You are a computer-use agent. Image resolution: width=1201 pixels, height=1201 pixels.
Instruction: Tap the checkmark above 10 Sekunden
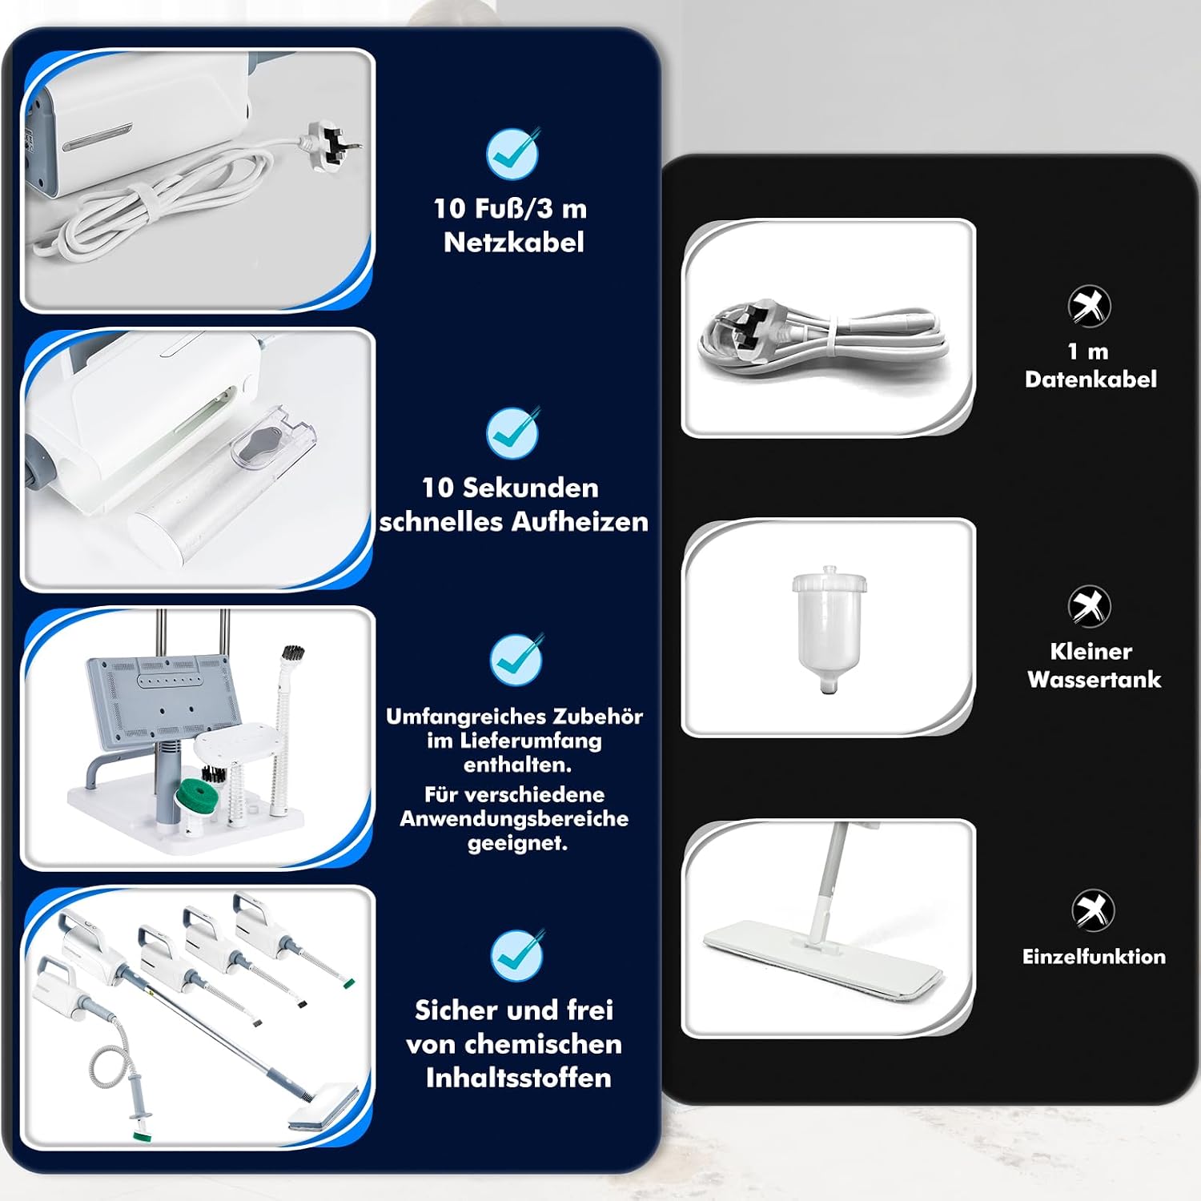coord(513,432)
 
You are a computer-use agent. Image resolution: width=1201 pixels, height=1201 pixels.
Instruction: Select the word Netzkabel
coord(514,242)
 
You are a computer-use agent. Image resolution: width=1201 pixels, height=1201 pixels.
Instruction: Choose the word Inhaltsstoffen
coord(518,1078)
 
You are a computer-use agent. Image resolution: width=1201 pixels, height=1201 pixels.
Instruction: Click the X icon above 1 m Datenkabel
coord(1089,305)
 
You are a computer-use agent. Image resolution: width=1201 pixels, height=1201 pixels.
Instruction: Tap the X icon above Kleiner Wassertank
coord(1089,606)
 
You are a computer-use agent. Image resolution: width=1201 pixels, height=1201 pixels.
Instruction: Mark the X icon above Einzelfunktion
coord(1093,910)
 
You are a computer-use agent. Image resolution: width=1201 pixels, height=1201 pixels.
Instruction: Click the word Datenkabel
coord(1091,379)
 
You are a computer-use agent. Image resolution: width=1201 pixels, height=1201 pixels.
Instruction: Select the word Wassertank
coord(1094,680)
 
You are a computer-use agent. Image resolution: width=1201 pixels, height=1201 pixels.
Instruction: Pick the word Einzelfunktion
coord(1094,956)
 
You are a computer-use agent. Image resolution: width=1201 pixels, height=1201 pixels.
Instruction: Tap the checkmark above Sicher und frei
coord(516,955)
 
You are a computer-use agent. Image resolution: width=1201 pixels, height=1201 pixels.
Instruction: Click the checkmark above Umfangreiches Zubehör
coord(516,660)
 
